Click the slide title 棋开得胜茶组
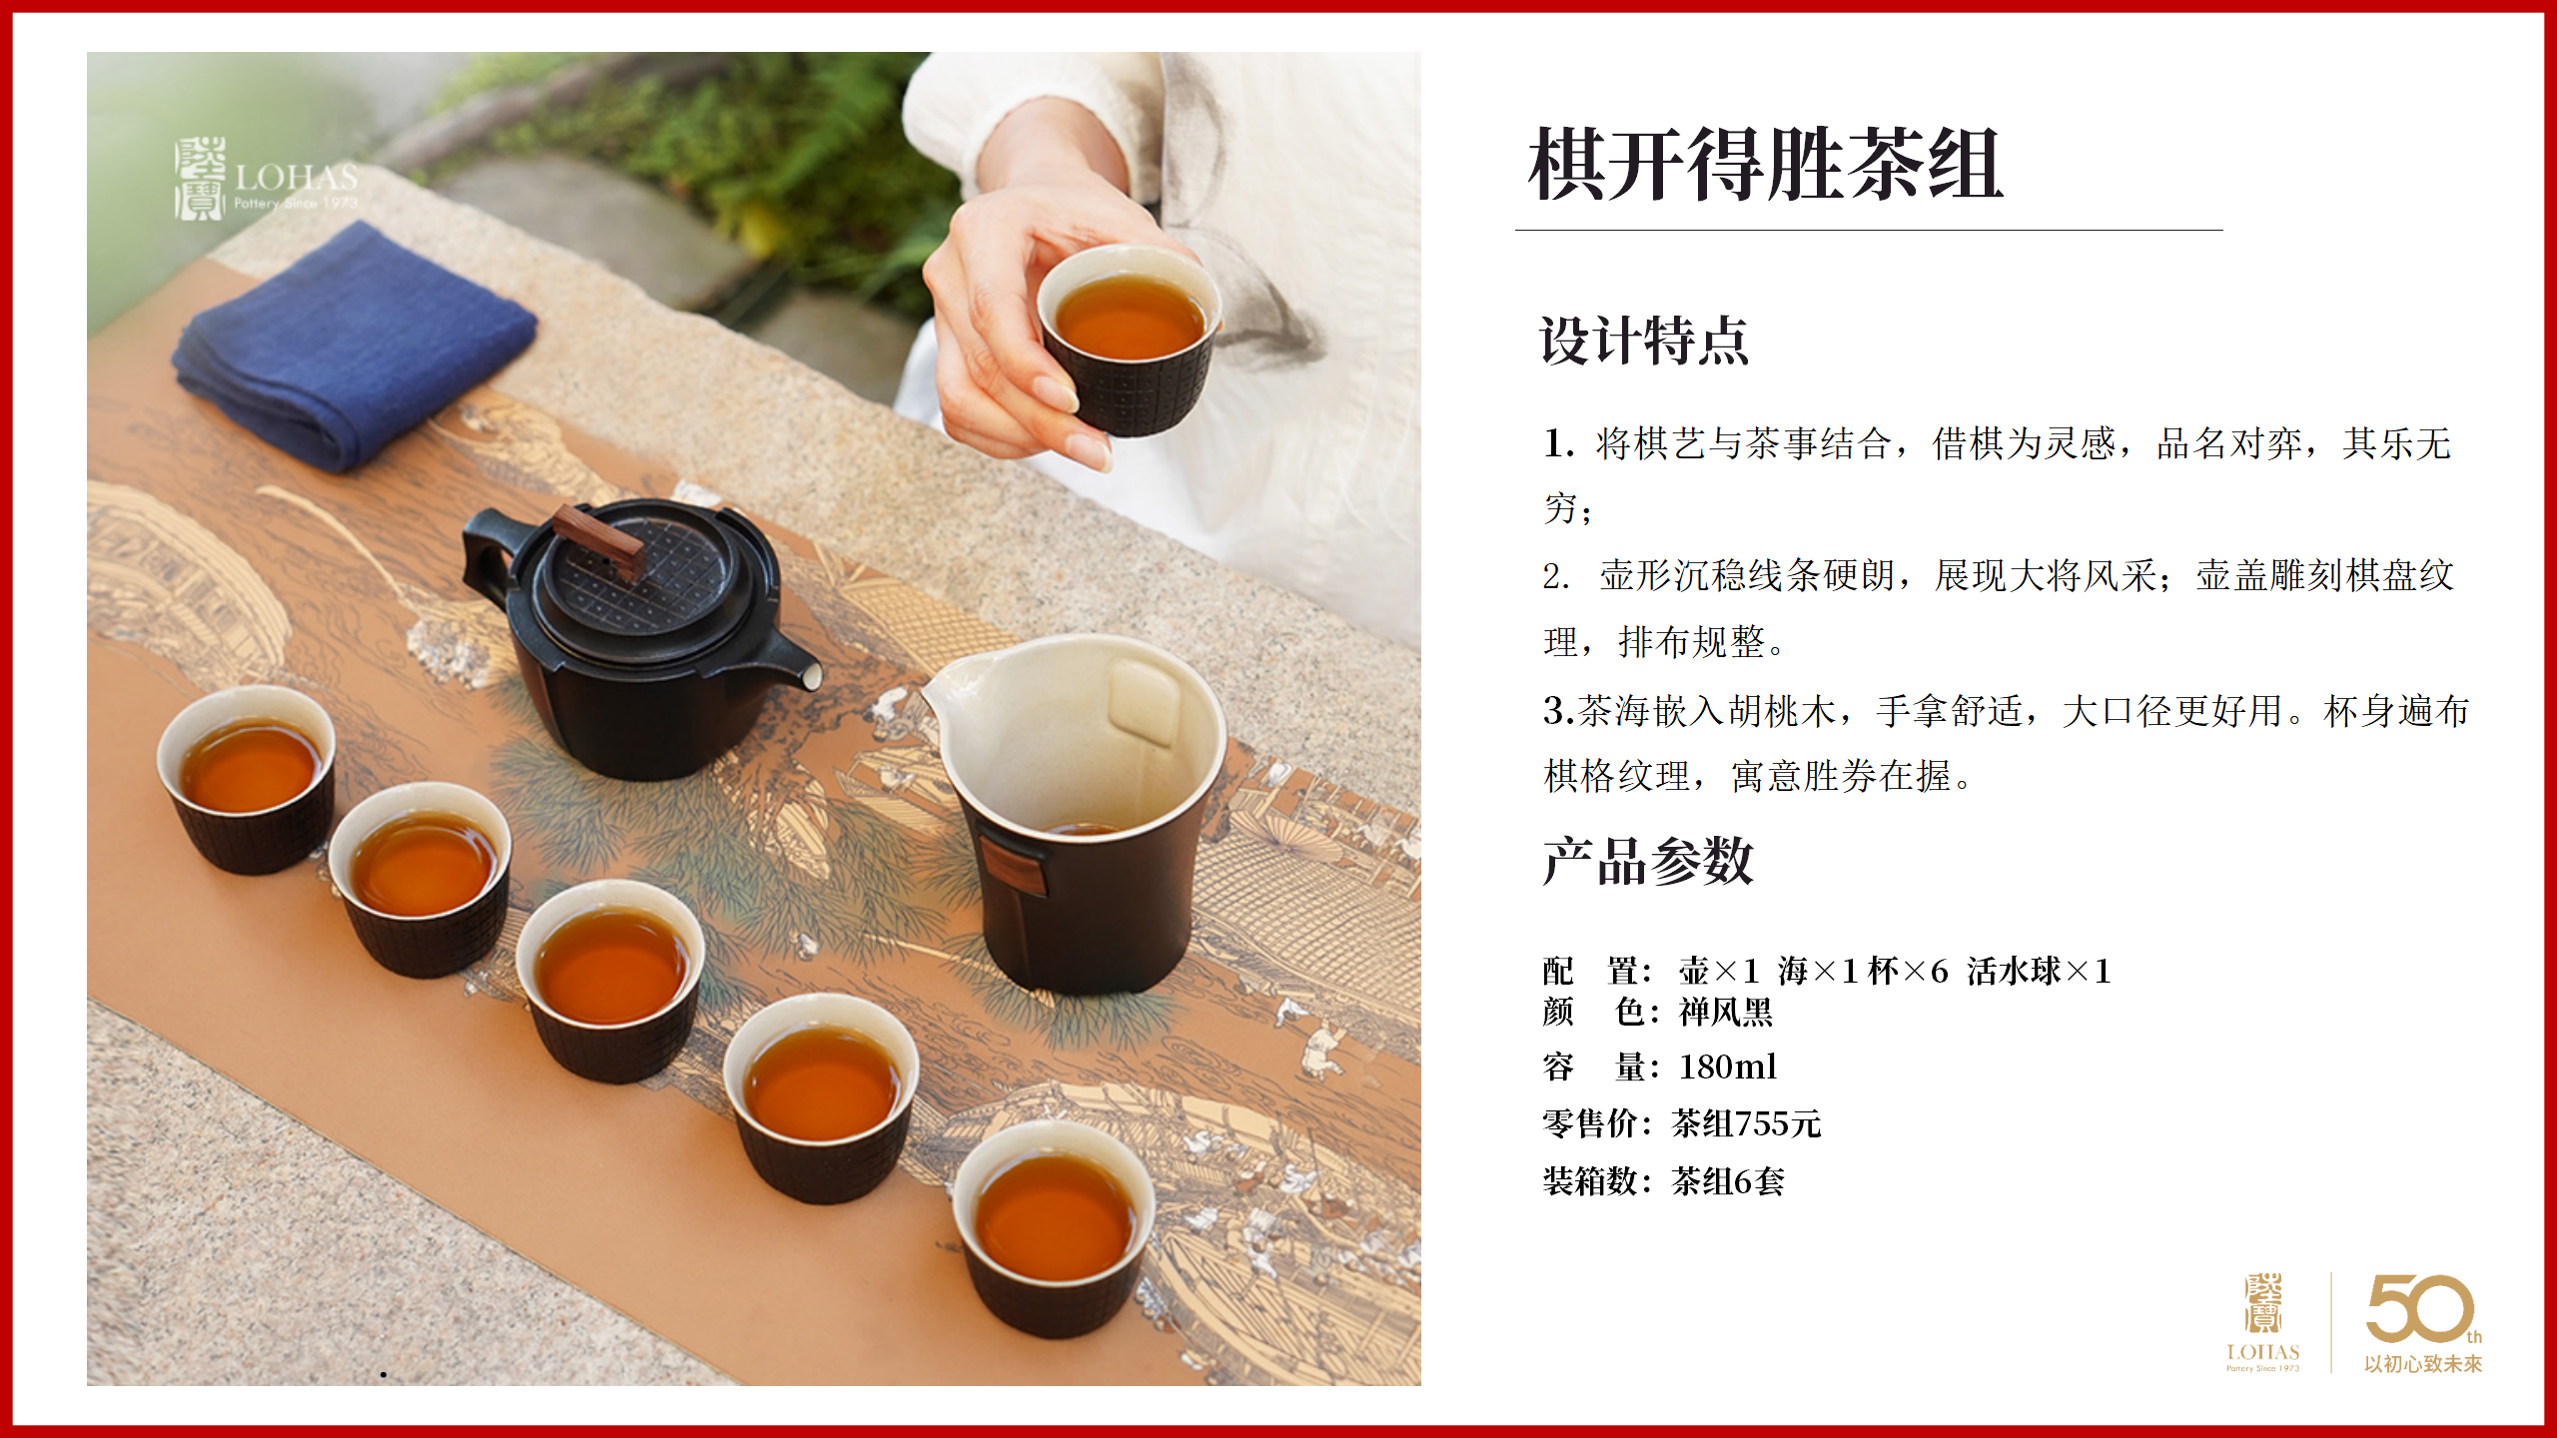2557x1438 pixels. pyautogui.click(x=1765, y=164)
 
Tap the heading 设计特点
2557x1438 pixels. pyautogui.click(x=1644, y=341)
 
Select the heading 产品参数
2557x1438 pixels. pyautogui.click(x=1648, y=861)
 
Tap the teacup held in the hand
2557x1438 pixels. pyautogui.click(x=1129, y=340)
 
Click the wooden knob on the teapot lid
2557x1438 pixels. pyautogui.click(x=598, y=539)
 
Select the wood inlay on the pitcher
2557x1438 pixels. pyautogui.click(x=1012, y=865)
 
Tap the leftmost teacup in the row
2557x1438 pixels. pyautogui.click(x=247, y=779)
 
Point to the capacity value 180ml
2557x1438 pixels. pyautogui.click(x=1728, y=1067)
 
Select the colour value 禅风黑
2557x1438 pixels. pyautogui.click(x=1726, y=1012)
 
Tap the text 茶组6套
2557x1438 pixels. pyautogui.click(x=1728, y=1181)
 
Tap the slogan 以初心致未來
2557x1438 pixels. pyautogui.click(x=2423, y=1364)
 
